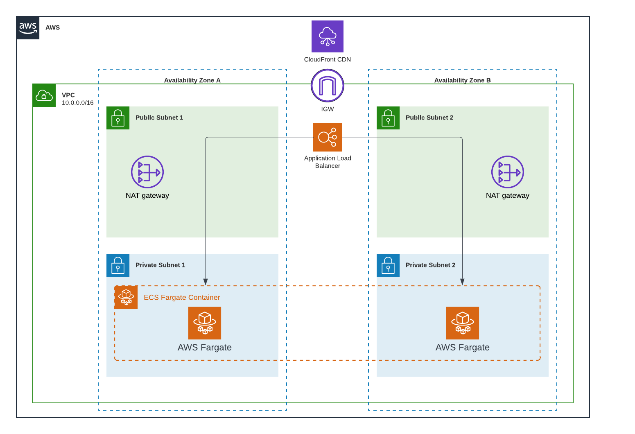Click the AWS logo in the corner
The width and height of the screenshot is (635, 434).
point(28,28)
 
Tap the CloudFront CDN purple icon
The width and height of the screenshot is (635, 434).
point(328,36)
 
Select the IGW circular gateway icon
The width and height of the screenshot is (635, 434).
point(328,86)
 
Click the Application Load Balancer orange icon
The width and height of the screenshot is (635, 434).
point(328,137)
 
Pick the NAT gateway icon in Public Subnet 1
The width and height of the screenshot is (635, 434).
point(147,172)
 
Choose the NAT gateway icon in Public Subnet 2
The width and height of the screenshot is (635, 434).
point(508,172)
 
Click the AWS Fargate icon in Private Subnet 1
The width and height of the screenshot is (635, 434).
point(205,323)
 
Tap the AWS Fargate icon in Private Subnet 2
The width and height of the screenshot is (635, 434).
point(463,323)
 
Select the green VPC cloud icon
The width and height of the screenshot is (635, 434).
point(44,95)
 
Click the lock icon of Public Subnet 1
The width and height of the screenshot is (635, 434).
point(118,118)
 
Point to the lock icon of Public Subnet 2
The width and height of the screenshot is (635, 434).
point(388,118)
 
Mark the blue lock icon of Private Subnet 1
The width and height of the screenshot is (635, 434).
point(118,265)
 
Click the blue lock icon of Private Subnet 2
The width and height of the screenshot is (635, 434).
point(388,265)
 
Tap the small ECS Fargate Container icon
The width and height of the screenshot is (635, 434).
point(126,297)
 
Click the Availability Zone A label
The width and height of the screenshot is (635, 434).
point(192,80)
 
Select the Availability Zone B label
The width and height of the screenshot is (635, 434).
point(463,80)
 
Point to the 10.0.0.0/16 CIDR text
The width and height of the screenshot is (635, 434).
point(78,103)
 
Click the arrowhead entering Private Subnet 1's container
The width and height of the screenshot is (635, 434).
point(206,282)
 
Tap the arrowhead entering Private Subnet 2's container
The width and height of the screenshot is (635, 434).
point(462,282)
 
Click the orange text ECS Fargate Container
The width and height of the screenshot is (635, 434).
point(182,297)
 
